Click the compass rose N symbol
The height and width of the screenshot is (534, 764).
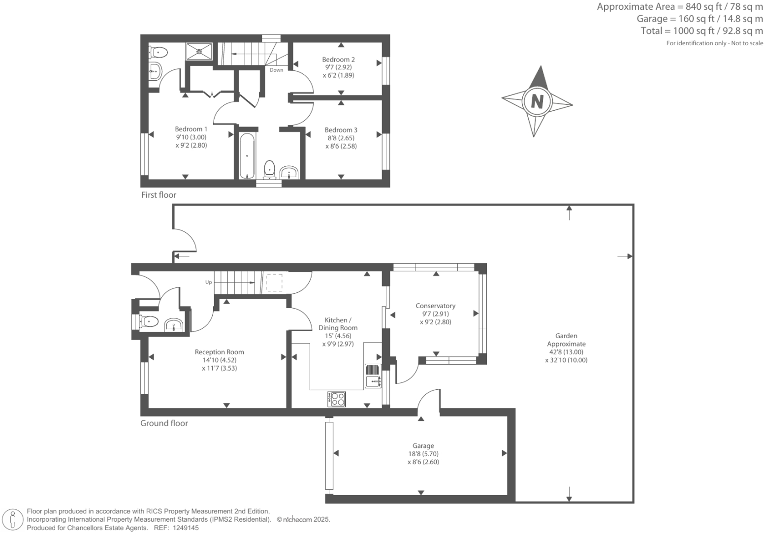tap(537, 101)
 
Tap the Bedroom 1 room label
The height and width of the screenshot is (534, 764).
tap(191, 129)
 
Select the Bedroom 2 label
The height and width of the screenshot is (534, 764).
tap(338, 60)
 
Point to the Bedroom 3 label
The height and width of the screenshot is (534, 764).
tap(341, 130)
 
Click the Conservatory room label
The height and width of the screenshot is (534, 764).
tap(435, 306)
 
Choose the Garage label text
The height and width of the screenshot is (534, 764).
tap(423, 446)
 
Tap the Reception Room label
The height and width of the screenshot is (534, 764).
tap(219, 352)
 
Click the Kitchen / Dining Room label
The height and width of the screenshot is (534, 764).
tap(338, 324)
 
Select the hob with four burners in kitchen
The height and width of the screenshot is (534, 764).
tap(337, 399)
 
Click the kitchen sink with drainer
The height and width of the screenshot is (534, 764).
tap(373, 376)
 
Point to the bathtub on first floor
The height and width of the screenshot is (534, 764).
tap(247, 155)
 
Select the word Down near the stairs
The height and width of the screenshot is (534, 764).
tap(276, 70)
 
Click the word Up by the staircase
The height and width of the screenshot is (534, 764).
tap(208, 283)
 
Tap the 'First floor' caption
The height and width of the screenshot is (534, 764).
tap(159, 195)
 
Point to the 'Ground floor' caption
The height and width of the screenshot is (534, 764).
tap(164, 423)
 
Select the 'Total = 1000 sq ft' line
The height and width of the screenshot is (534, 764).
tap(701, 31)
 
